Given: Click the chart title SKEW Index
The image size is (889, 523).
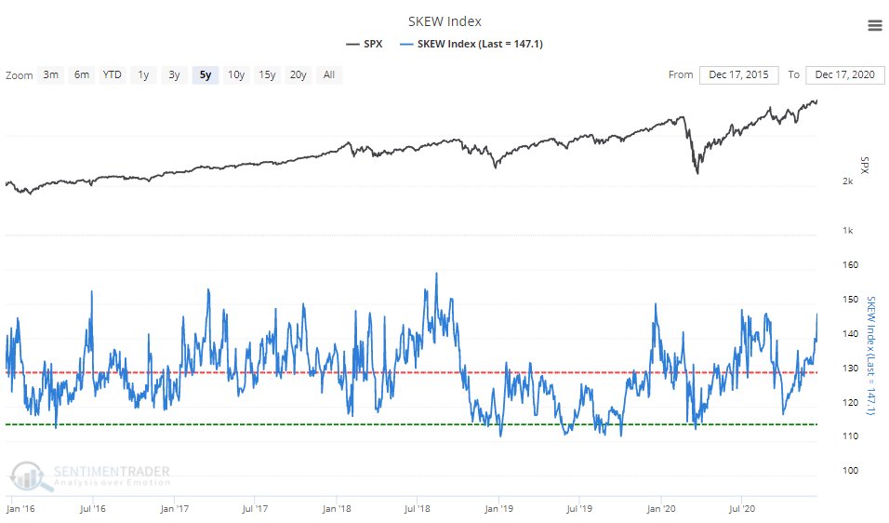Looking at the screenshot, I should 444,21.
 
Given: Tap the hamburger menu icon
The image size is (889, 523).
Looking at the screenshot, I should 874,25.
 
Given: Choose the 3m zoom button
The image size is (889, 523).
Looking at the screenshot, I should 51,74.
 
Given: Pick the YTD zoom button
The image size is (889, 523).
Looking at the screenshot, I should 112,74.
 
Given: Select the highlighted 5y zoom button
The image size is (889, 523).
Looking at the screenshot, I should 206,74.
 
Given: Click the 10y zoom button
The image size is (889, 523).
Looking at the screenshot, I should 236,74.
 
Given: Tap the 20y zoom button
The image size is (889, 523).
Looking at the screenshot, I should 298,74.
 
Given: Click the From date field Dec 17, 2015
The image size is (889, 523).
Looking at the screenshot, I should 739,74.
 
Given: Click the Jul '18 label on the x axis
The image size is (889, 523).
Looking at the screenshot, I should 418,509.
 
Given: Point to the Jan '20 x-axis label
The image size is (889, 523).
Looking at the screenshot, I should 660,509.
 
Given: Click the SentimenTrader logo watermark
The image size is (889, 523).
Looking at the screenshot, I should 91,476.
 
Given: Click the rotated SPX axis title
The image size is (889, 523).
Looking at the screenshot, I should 864,164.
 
